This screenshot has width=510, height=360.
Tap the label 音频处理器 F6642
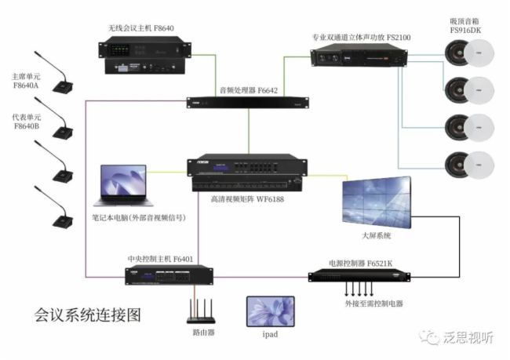tap(248, 90)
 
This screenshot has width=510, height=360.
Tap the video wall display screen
tap(376, 202)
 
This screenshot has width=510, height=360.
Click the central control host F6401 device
tap(169, 276)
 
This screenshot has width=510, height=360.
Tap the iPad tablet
tap(270, 311)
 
